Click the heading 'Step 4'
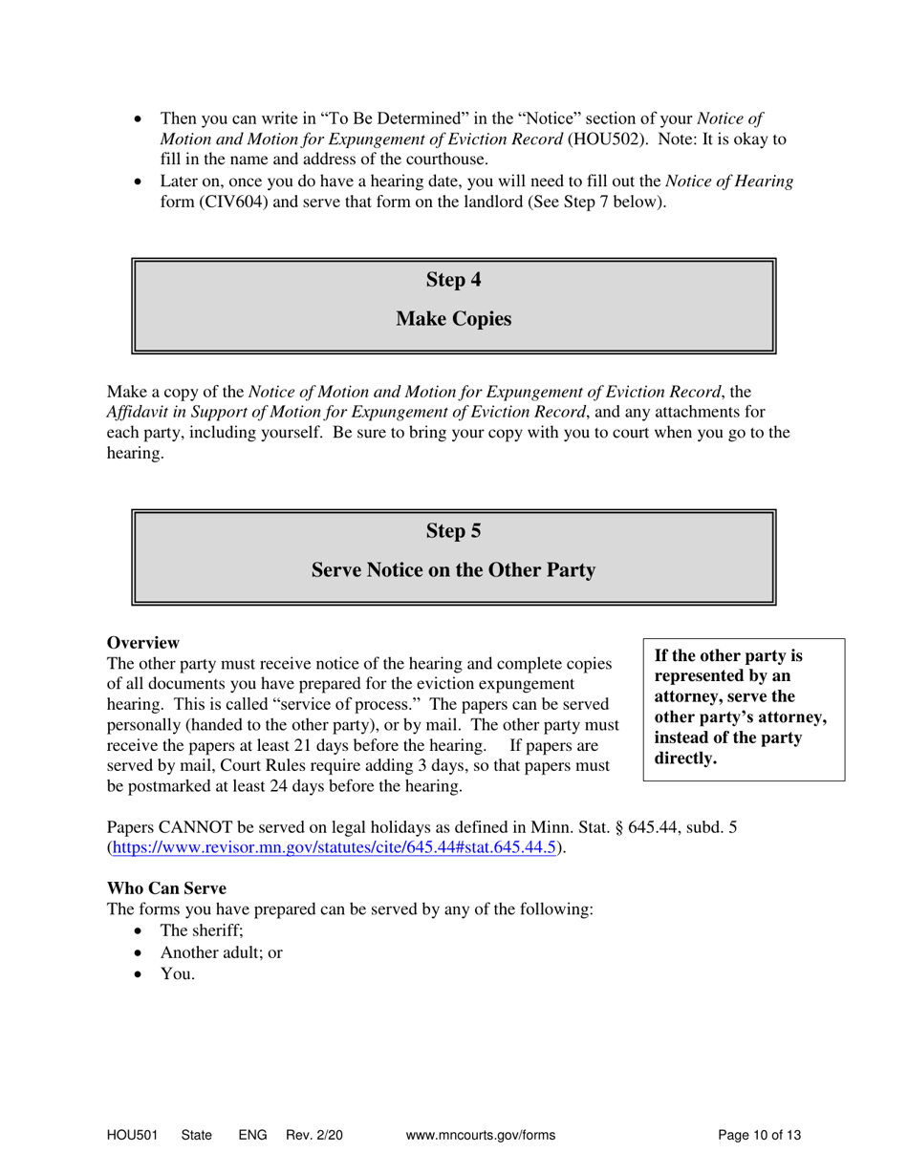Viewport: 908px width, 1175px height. pos(453,280)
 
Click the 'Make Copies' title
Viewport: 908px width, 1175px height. pos(453,319)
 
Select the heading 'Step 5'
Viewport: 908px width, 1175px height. pos(453,531)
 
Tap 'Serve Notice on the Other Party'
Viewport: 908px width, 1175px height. pos(453,570)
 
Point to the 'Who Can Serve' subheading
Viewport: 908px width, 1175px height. pos(166,887)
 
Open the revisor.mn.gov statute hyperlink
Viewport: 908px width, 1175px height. pos(333,847)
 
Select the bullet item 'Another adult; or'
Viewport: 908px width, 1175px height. pos(221,952)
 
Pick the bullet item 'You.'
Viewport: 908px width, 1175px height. pos(178,974)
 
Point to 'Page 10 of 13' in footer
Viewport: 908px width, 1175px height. pos(759,1135)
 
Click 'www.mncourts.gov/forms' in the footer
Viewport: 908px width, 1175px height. pos(480,1135)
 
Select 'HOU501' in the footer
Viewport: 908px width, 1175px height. pos(130,1135)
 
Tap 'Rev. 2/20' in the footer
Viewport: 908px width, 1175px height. pos(313,1135)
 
